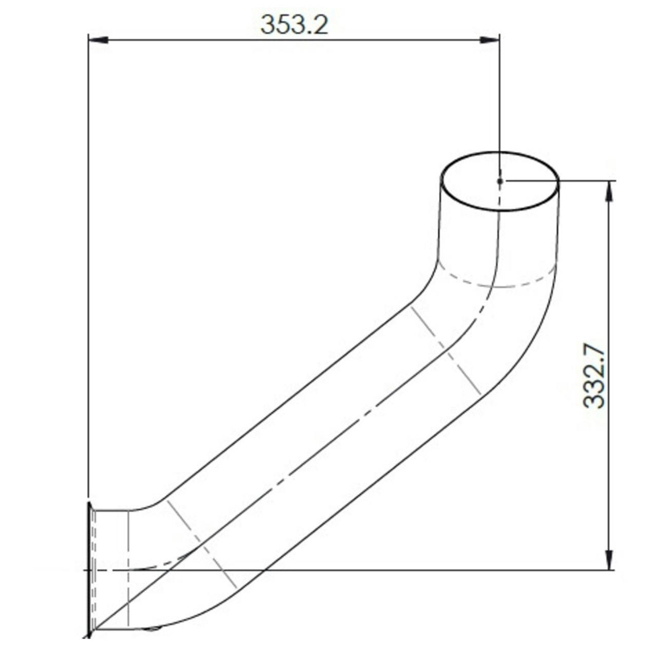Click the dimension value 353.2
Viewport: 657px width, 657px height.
(294, 25)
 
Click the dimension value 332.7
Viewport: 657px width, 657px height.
(594, 377)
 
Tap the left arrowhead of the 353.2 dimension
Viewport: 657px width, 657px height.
(98, 40)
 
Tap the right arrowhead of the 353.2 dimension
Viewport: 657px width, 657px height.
(490, 40)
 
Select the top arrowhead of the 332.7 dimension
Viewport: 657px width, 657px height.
(609, 190)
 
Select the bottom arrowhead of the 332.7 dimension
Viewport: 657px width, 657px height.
(609, 560)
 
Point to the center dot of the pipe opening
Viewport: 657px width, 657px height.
(500, 181)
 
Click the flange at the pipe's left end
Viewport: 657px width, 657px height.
(90, 570)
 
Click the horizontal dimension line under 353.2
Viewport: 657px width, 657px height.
(294, 40)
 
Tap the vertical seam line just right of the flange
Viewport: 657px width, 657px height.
(127, 570)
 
